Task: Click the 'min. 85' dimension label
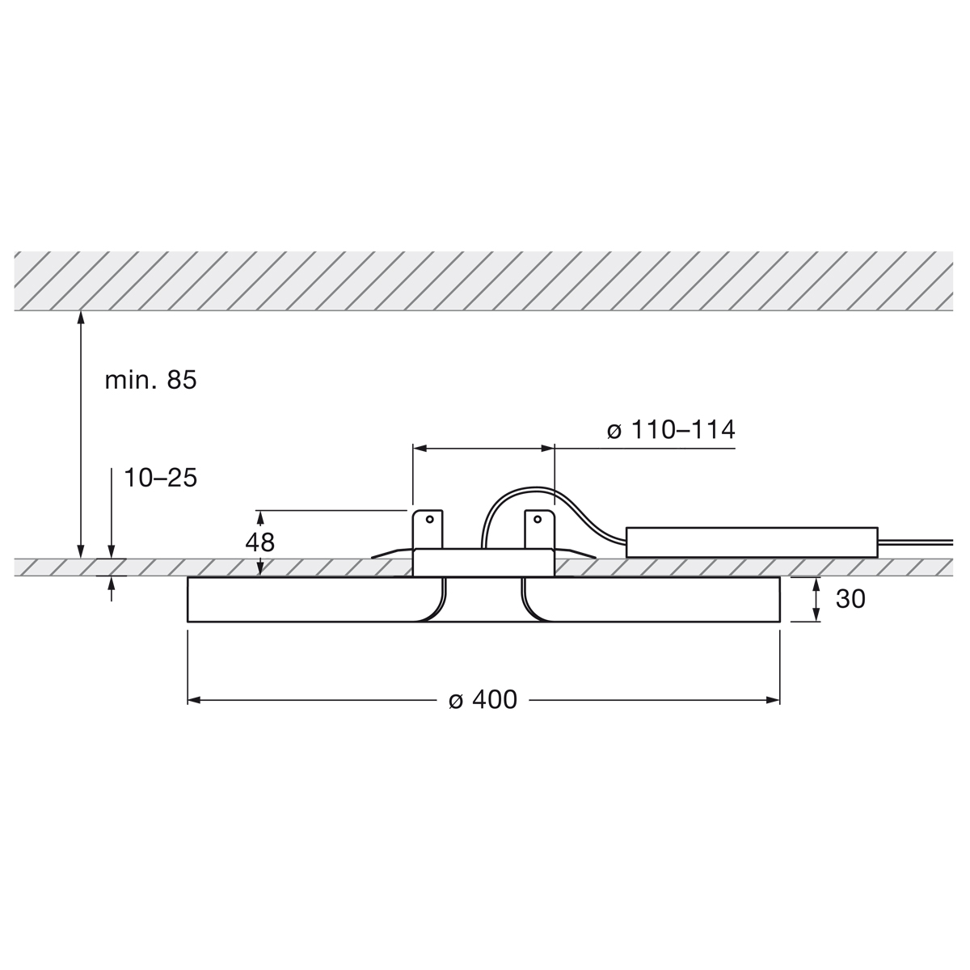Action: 150,380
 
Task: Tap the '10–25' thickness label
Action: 160,478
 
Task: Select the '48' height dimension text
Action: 260,542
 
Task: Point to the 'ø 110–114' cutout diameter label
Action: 671,430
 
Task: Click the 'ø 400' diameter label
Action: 483,700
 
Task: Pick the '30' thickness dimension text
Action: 850,599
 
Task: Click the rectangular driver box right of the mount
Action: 752,542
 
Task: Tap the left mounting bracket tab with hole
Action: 428,529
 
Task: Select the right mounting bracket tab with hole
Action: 539,529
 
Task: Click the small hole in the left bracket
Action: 430,519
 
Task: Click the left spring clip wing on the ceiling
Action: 392,554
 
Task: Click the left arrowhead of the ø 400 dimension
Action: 195,700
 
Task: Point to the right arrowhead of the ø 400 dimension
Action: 773,700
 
